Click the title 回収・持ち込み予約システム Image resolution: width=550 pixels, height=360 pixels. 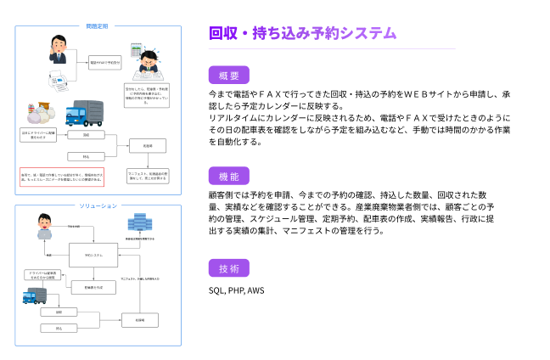302,33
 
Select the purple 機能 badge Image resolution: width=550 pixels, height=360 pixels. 228,176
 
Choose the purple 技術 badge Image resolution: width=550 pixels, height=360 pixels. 228,268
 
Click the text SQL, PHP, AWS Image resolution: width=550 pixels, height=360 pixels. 237,290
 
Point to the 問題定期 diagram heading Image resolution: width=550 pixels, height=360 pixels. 98,25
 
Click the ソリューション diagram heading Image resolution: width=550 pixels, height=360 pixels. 98,206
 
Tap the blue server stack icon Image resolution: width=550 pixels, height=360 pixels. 137,224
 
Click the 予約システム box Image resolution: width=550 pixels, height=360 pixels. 94,255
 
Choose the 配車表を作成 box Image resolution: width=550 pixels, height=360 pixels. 94,288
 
